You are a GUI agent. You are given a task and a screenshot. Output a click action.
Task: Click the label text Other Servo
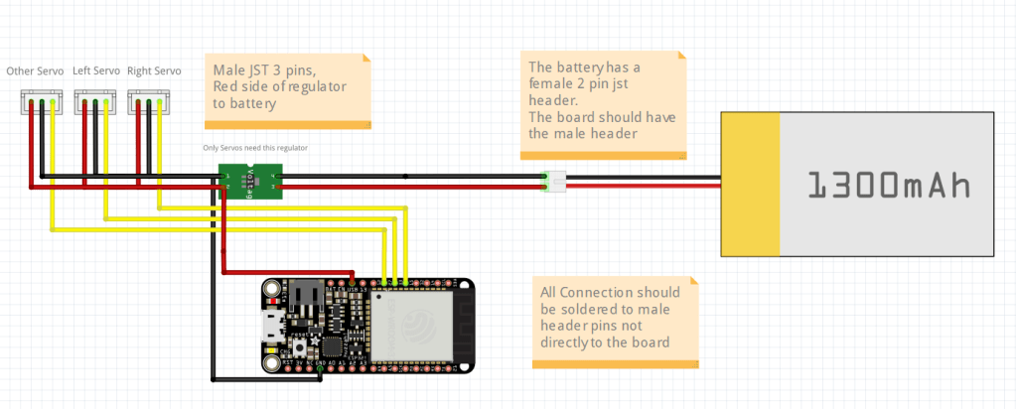pyautogui.click(x=35, y=71)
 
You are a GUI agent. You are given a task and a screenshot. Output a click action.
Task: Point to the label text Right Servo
pyautogui.click(x=154, y=71)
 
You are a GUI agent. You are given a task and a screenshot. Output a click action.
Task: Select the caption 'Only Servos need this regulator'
pyautogui.click(x=254, y=148)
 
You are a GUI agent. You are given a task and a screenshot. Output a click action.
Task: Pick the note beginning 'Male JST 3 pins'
pyautogui.click(x=288, y=89)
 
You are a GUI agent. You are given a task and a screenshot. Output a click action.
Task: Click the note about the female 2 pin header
pyautogui.click(x=604, y=104)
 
